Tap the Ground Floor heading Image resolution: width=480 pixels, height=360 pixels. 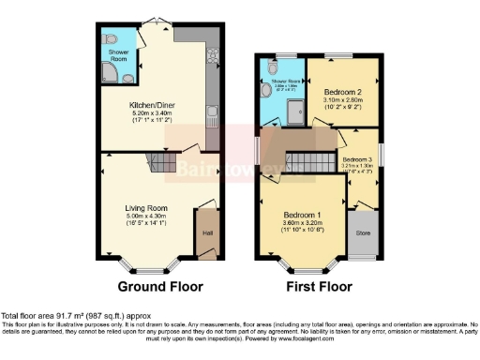pyautogui.click(x=156, y=287)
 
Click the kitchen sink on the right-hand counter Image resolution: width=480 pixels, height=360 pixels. pyautogui.click(x=213, y=117)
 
